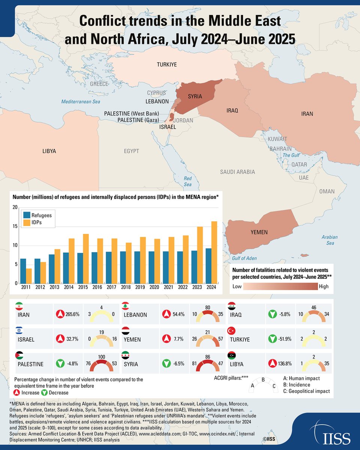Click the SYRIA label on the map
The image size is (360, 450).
click(195, 97)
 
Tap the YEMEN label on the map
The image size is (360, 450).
click(259, 232)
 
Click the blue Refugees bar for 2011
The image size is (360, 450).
click(23, 271)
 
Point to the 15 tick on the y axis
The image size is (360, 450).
click(15, 226)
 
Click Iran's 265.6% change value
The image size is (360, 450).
click(73, 314)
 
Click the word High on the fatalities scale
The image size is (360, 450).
click(323, 286)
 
